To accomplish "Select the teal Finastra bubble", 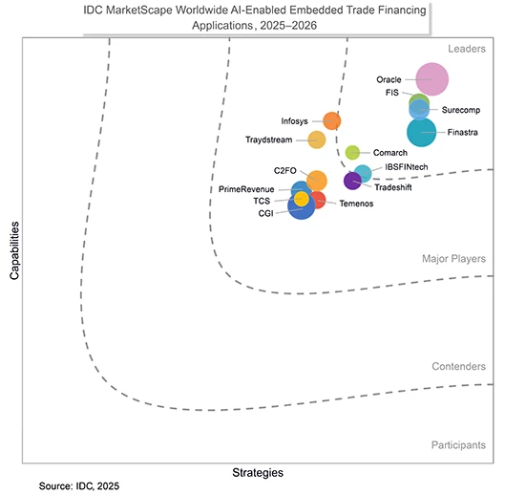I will tap(421, 131).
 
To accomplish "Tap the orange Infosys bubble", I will tap(331, 120).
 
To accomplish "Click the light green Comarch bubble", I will tap(351, 152).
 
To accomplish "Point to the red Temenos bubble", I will tap(317, 200).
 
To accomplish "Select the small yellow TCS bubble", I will tap(301, 200).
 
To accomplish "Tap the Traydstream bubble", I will tap(316, 140).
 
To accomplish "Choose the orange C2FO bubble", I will tap(316, 180).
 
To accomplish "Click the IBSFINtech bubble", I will tap(363, 173).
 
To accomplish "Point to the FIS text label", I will tap(391, 93).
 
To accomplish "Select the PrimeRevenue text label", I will tap(246, 189).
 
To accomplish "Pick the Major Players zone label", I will tap(454, 259).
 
